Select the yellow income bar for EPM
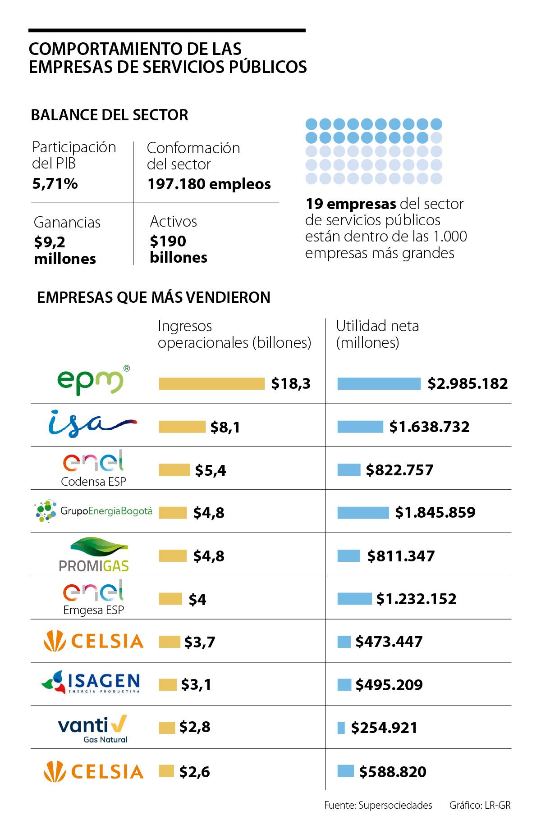pos(211,383)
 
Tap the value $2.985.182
pos(468,383)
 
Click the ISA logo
pos(92,424)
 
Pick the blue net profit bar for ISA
pos(360,427)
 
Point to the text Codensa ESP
pos(93,482)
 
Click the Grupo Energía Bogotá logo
pos(94,511)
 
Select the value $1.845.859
pos(435,512)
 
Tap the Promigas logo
pos(94,555)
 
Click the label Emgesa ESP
pos(93,610)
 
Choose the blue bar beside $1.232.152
pos(354,599)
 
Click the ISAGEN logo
pos(92,683)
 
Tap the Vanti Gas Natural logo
pos(93,728)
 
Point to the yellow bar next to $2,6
pos(166,771)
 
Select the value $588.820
pos(393,772)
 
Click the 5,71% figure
pos(55,184)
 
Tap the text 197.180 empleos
pos(209,184)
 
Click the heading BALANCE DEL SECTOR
pos(110,115)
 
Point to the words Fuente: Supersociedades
pos(378,805)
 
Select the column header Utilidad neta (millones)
pos(377,334)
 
